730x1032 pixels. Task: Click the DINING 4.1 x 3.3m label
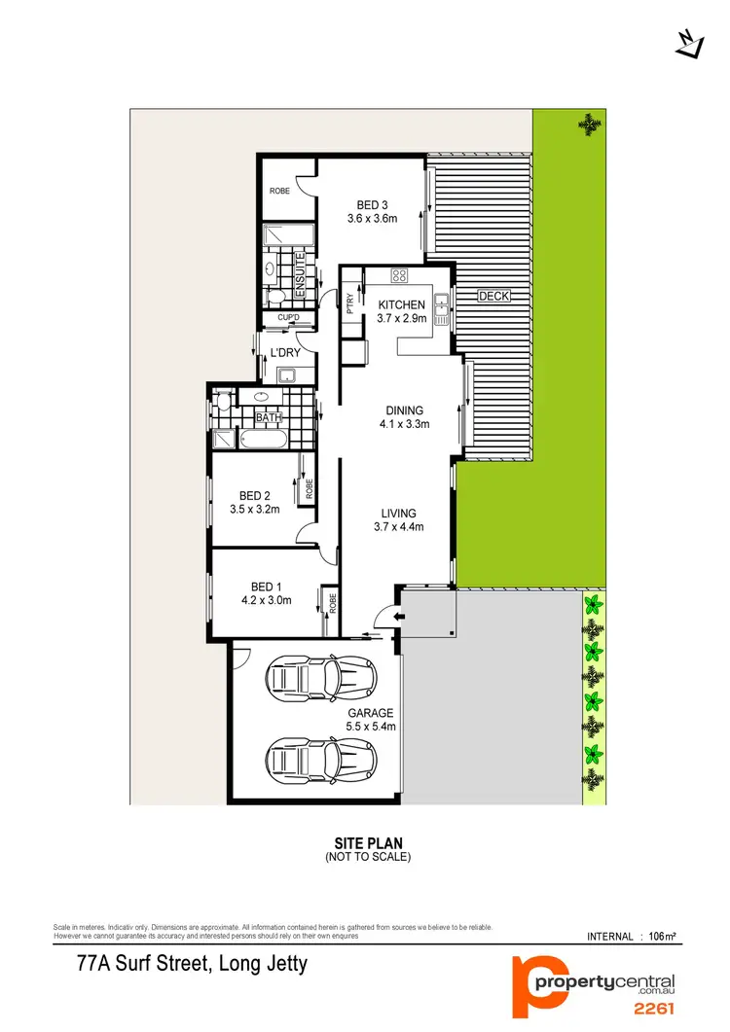pyautogui.click(x=405, y=417)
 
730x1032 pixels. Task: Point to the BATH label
pyautogui.click(x=268, y=418)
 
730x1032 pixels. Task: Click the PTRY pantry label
pyautogui.click(x=349, y=302)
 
